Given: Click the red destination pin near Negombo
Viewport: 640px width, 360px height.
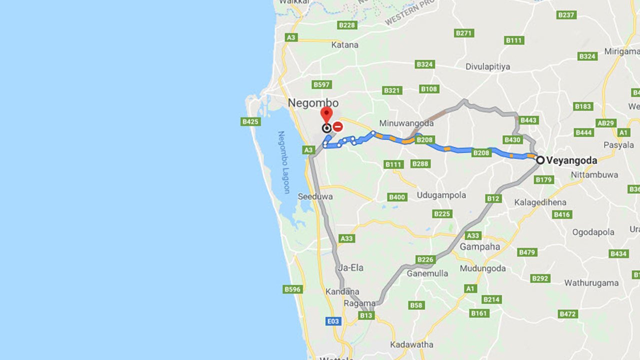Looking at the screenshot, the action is (326, 114).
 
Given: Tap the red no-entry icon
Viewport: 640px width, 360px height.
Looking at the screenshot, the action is (338, 126).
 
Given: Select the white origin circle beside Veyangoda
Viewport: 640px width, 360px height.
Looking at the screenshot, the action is (540, 160).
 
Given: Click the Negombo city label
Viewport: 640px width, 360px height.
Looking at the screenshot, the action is (313, 103).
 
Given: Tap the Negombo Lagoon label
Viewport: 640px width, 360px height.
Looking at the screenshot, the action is (283, 162).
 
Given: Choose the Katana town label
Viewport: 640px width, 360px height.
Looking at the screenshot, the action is (345, 44).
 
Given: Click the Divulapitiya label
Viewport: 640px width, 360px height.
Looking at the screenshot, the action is (488, 66).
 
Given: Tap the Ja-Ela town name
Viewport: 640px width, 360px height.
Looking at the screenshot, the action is (350, 267).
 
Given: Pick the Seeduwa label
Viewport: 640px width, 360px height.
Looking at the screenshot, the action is (315, 196).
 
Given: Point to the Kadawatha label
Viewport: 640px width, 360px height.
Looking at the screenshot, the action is (412, 344).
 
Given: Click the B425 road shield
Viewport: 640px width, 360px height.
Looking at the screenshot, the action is (250, 121).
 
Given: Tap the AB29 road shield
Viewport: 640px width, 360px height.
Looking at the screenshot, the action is (605, 123).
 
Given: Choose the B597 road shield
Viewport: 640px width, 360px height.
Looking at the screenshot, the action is (321, 84).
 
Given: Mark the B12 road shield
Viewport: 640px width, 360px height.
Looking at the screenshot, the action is (493, 198).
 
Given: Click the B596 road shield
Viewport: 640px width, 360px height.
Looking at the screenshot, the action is (292, 289).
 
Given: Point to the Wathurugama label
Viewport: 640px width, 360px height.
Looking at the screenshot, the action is (591, 282).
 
